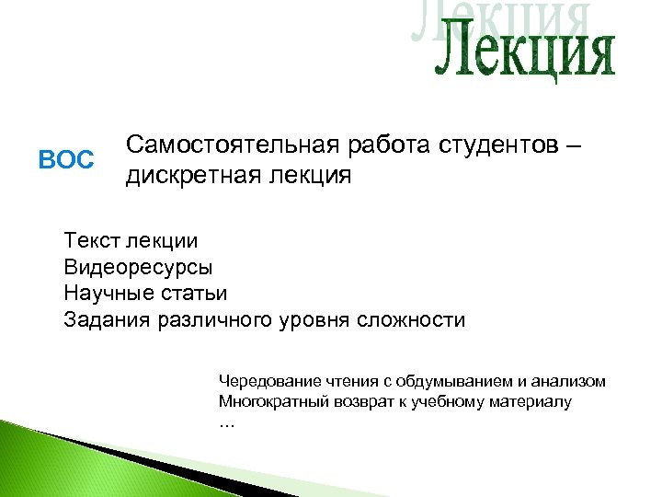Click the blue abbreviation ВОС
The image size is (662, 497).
66,160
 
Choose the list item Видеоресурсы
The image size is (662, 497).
138,268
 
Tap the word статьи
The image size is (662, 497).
194,294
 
